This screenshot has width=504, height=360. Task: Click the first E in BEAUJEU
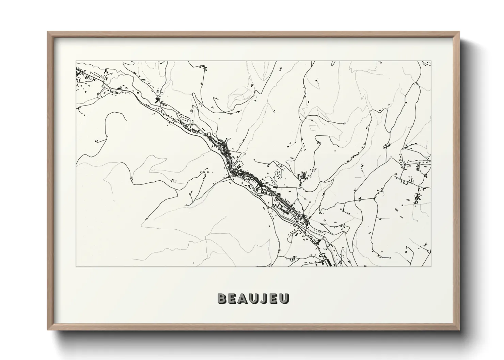pos(232,298)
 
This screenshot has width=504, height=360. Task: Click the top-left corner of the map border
pos(76,62)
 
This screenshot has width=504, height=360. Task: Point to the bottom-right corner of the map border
pos(431,267)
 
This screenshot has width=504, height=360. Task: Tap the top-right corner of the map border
pos(431,62)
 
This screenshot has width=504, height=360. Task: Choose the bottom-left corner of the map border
pos(76,267)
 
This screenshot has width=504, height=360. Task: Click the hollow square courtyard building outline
pos(405,182)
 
